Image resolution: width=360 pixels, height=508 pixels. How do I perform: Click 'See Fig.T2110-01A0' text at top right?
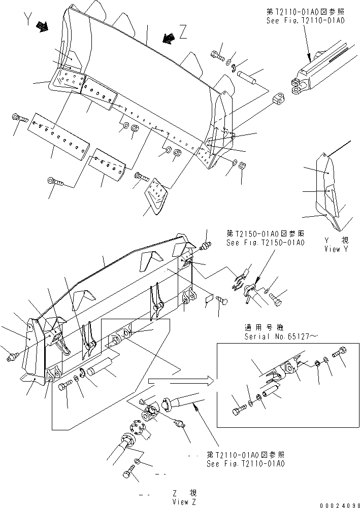tap(305, 21)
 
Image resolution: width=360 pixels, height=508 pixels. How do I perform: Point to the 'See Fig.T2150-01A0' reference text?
tap(266, 243)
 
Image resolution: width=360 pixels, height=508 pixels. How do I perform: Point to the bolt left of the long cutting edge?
tap(19, 118)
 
